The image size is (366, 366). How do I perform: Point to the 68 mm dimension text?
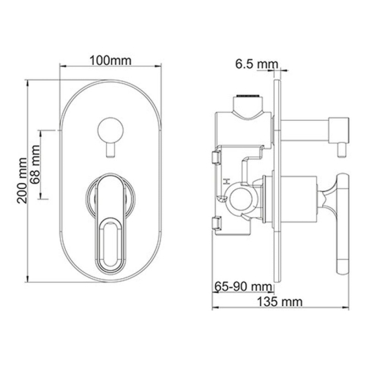click(x=34, y=165)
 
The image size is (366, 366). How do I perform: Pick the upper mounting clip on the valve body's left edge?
click(x=214, y=155)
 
